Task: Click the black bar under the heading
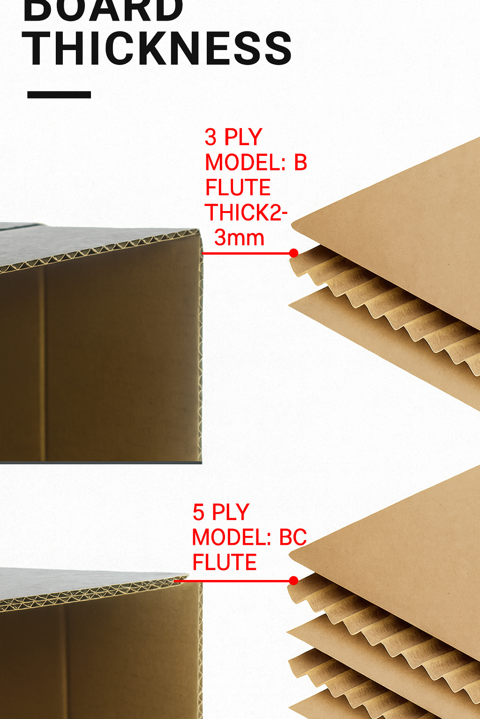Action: click(59, 95)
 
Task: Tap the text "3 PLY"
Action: click(233, 137)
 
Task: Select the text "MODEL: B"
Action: click(256, 162)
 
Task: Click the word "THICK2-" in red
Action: click(246, 213)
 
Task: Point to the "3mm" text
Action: click(239, 238)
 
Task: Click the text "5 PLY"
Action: click(221, 512)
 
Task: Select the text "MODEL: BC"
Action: click(249, 537)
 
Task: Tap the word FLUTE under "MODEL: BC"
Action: click(225, 562)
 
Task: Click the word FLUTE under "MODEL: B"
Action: click(238, 187)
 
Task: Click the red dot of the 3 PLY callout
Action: click(294, 253)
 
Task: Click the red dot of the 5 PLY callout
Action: click(294, 581)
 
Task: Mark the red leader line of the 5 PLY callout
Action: click(234, 581)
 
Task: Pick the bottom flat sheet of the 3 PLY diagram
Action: click(375, 337)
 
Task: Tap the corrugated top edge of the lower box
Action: click(94, 592)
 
